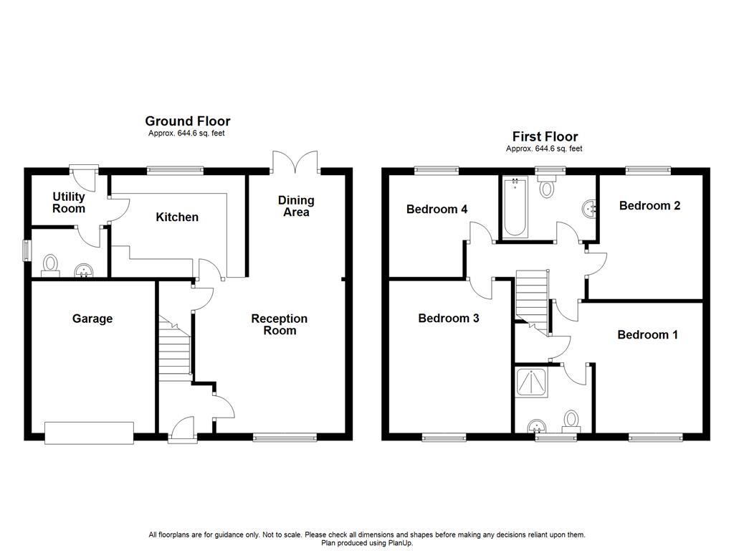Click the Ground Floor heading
point(187,121)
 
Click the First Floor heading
point(545,136)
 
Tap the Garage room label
point(92,319)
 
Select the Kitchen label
point(177,217)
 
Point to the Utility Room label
point(69,202)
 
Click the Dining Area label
point(296,206)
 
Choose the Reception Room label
point(279,324)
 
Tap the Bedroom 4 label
point(437,209)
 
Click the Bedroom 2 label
point(649,205)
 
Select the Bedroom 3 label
point(449,318)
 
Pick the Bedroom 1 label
point(647,334)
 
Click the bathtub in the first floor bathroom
point(515,208)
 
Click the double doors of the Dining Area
point(295,161)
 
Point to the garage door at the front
point(89,432)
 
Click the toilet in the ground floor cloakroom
point(51,265)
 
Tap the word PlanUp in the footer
point(399,543)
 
